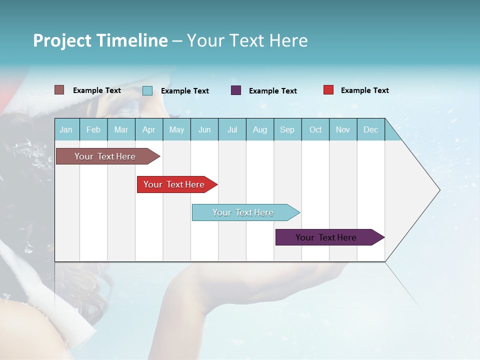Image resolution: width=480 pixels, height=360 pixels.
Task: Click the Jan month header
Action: pos(66,129)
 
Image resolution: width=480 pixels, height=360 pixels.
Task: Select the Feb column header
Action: pos(93,129)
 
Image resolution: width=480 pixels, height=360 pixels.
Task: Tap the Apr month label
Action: pos(149,129)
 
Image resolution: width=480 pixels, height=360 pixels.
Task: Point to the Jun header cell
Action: pos(204,129)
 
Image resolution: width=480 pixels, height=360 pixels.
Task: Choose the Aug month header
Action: pos(260,129)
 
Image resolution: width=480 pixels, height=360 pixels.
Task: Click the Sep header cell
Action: pos(287,129)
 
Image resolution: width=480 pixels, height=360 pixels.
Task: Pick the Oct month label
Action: pos(315,129)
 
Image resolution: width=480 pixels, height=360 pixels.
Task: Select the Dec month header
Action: pos(371,129)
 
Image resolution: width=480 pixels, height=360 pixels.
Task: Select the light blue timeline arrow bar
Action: pos(243,212)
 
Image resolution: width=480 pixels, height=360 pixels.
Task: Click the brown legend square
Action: pos(59,90)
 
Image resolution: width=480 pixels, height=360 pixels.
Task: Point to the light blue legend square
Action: pos(147,90)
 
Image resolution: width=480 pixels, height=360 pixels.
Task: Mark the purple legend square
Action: pos(236,90)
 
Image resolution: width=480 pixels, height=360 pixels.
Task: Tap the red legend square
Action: pos(328,90)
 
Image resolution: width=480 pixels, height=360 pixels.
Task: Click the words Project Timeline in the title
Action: pos(100,40)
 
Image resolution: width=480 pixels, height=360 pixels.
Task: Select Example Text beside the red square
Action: pos(364,90)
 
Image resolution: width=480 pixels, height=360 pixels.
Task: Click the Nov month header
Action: pos(343,129)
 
